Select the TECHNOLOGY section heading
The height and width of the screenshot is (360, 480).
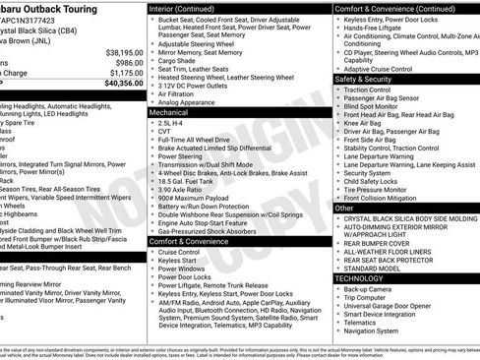[x=365, y=278]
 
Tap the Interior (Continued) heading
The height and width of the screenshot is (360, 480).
[x=189, y=8]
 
